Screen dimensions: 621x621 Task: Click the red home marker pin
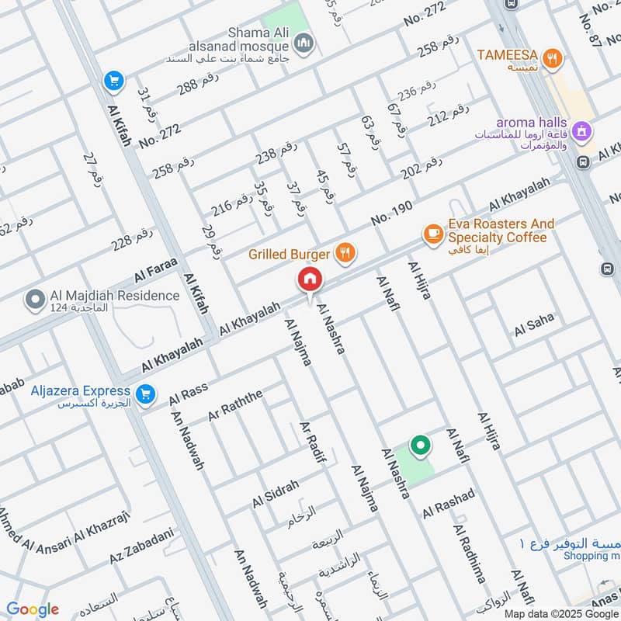309,279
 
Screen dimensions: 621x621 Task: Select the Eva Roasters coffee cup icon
432,233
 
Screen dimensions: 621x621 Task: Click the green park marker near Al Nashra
421,446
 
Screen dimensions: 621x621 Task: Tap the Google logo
33,609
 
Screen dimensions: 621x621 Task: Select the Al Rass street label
188,394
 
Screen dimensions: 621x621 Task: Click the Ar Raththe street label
236,406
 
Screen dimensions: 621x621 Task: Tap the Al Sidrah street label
275,494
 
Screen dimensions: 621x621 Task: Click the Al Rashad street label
448,504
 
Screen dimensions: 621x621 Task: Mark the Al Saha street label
534,324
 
